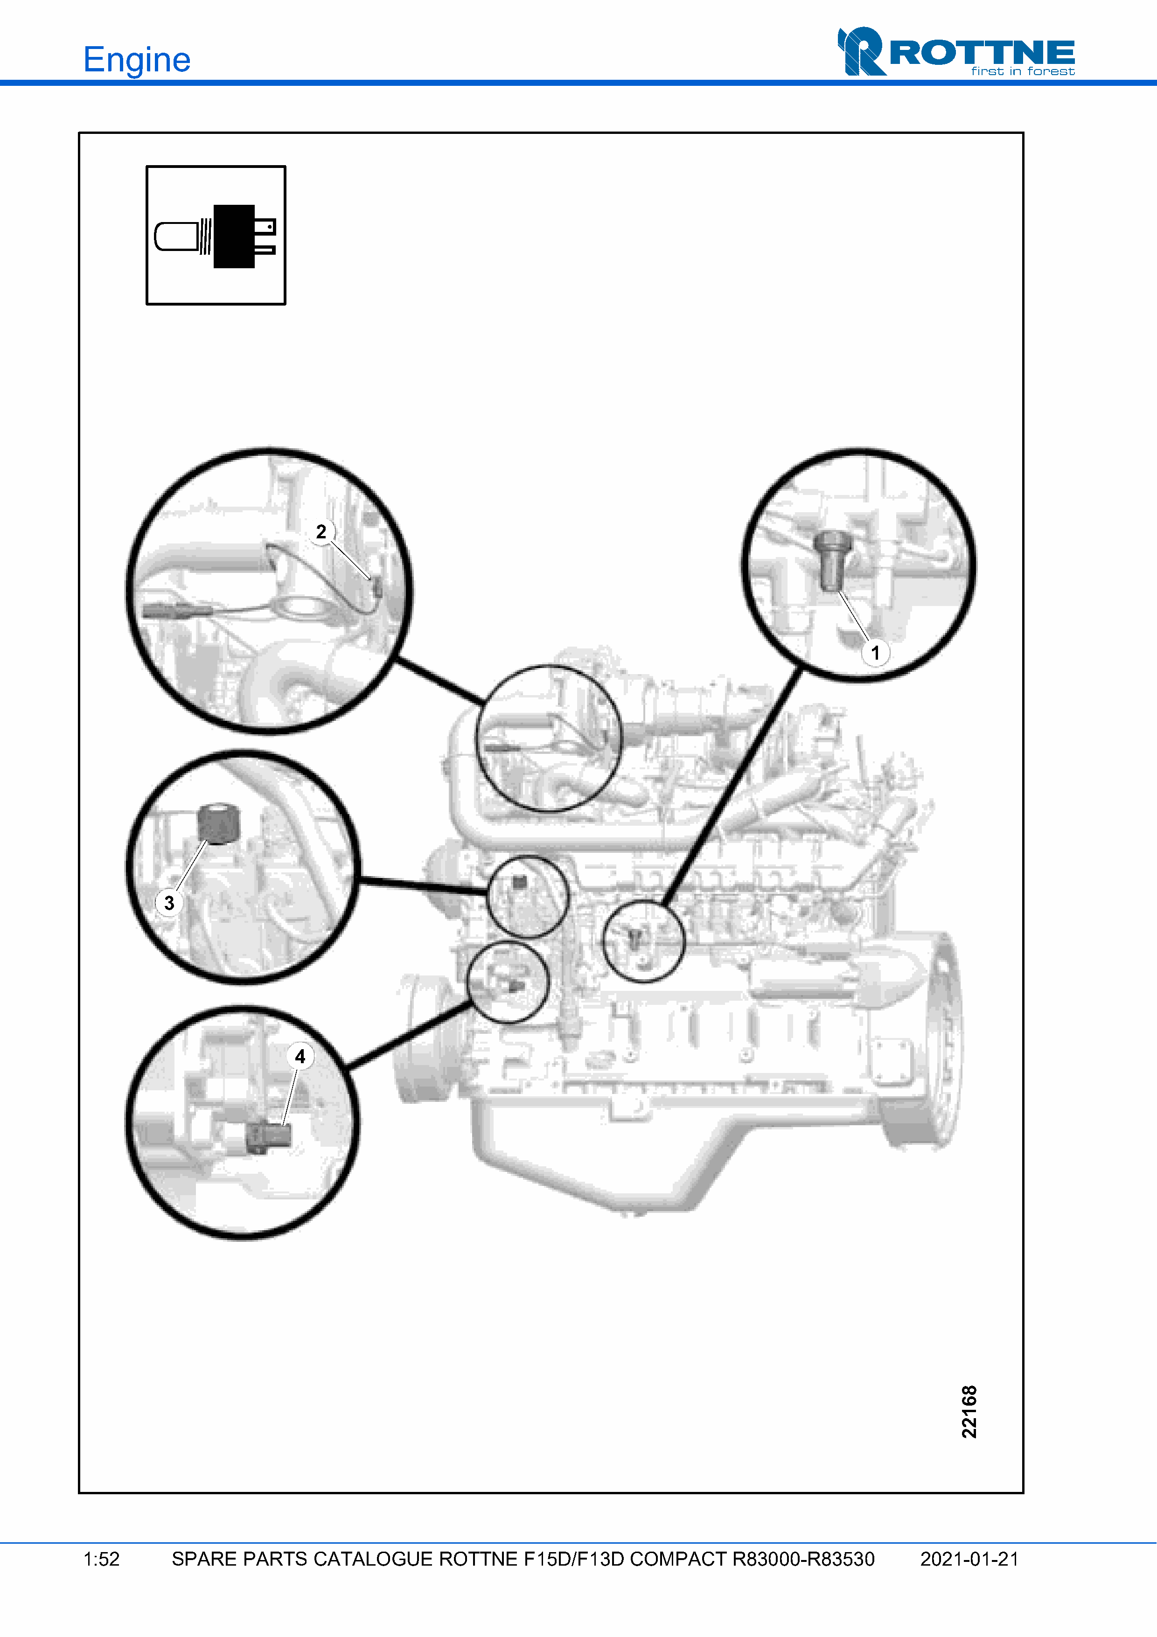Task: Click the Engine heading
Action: click(x=137, y=60)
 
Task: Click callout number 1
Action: click(x=875, y=652)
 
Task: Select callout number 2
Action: click(x=321, y=532)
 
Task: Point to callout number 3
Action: click(x=169, y=903)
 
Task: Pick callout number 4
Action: click(x=300, y=1056)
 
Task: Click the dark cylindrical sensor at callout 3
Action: click(x=219, y=823)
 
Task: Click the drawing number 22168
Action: click(x=969, y=1412)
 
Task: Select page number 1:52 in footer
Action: click(x=101, y=1559)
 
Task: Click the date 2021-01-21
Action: click(x=969, y=1559)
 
